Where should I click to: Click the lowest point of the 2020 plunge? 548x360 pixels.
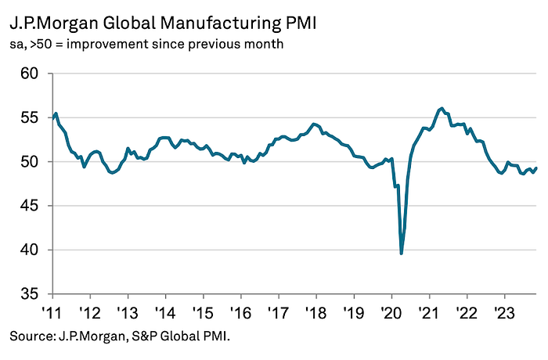pyautogui.click(x=402, y=254)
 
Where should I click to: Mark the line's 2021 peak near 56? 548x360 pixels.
pyautogui.click(x=442, y=108)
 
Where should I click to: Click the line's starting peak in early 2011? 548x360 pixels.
pyautogui.click(x=56, y=113)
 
